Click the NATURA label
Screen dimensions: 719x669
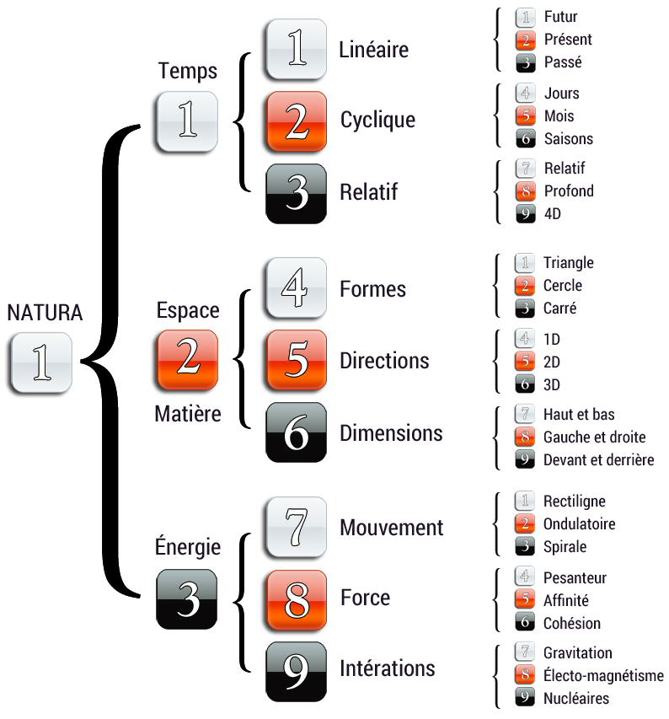pos(45,313)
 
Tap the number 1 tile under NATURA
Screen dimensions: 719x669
pos(40,362)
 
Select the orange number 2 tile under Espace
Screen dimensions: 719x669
pos(187,360)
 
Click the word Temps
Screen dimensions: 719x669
pos(187,72)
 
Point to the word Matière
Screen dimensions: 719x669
pos(187,414)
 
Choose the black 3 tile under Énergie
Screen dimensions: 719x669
pos(187,599)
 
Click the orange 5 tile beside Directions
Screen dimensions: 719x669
pos(296,361)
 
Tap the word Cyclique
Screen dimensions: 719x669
pos(377,120)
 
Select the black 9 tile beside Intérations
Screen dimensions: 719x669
pos(296,671)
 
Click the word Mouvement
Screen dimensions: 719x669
pos(391,528)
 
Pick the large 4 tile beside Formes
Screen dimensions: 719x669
pos(296,288)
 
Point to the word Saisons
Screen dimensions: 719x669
pos(569,139)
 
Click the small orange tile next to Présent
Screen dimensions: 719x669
pos(525,40)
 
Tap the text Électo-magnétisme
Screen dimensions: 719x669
pos(603,676)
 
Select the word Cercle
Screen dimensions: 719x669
pos(563,286)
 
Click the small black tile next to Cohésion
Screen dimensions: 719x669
pos(525,624)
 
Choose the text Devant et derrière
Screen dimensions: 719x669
pos(598,460)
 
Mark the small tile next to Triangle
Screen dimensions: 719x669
pos(525,263)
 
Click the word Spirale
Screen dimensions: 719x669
pos(565,547)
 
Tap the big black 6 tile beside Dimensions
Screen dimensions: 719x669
pos(296,432)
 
